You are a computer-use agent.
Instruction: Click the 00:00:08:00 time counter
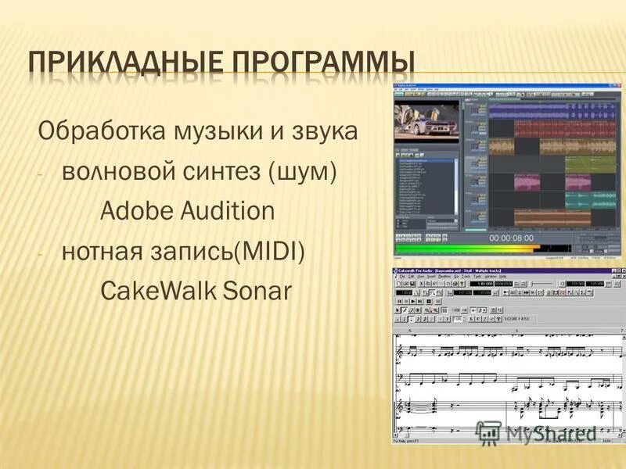click(511, 237)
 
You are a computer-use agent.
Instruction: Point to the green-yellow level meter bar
click(469, 250)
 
